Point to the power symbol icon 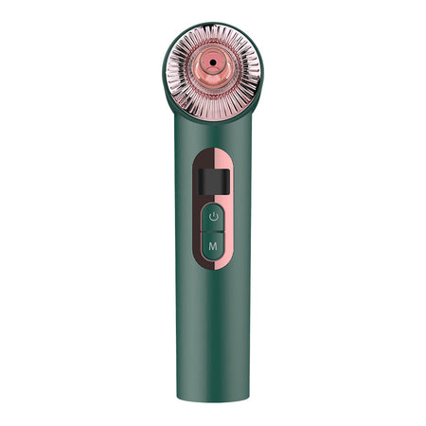tap(213, 217)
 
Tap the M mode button tap(213, 245)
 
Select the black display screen tap(213, 177)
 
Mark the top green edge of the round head tap(213, 25)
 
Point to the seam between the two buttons tap(213, 231)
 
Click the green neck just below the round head tap(213, 121)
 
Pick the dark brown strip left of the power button tap(196, 217)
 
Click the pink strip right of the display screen tap(231, 177)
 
